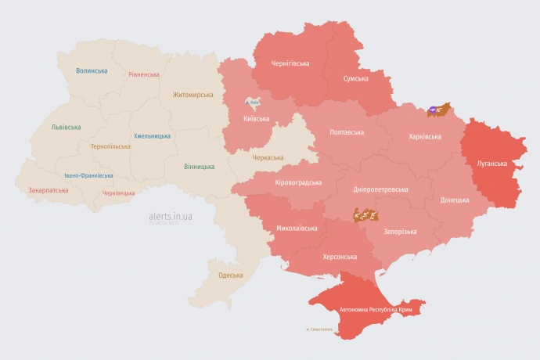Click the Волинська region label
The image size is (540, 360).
click(92, 71)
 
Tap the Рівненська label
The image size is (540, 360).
click(144, 75)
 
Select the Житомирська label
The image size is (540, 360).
click(193, 95)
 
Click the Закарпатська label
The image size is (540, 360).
click(47, 190)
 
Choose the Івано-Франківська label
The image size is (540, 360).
click(88, 176)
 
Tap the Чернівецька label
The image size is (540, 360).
click(119, 193)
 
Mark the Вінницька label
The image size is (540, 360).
click(199, 167)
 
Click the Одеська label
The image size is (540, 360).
click(230, 275)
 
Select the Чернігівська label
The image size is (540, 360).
click(290, 63)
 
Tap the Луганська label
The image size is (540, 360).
click(492, 164)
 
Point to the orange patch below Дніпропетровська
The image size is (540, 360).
click(365, 213)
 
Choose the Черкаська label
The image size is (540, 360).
click(268, 157)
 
